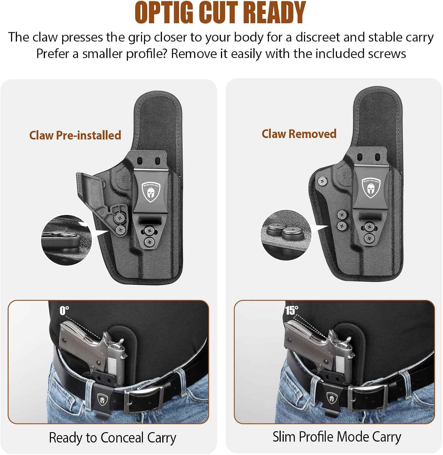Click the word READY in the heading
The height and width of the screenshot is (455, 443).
[x=274, y=13]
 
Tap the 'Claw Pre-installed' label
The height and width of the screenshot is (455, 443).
[x=75, y=135]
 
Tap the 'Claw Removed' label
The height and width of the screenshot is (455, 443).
[x=299, y=134]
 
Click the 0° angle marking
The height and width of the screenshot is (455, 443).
[x=64, y=311]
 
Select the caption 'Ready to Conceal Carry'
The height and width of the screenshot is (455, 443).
[x=112, y=438]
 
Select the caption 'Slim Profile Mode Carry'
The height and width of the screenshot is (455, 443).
[x=337, y=437]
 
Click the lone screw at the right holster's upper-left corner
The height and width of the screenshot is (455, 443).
[x=322, y=181]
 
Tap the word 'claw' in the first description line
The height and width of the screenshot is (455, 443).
[x=45, y=37]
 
